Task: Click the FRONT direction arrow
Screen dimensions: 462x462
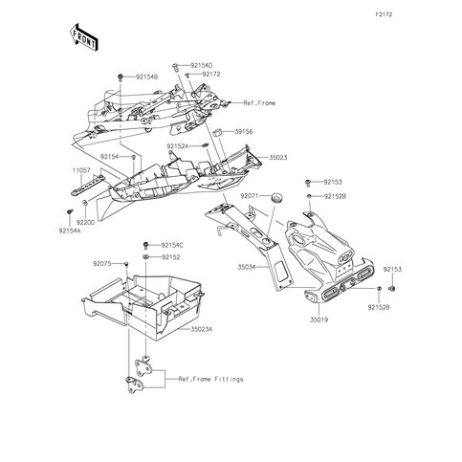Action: [x=83, y=37]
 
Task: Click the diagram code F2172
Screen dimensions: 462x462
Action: [x=384, y=14]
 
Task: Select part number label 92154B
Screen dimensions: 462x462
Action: [x=147, y=77]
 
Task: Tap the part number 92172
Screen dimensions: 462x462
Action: [x=211, y=75]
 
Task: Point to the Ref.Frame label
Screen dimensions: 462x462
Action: [x=259, y=103]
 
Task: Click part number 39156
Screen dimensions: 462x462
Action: [x=244, y=131]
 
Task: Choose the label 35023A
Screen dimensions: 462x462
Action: [x=201, y=329]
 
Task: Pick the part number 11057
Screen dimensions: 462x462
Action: [x=81, y=170]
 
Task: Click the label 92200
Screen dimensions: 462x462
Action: [x=85, y=222]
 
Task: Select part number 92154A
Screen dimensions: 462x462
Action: [x=70, y=231]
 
